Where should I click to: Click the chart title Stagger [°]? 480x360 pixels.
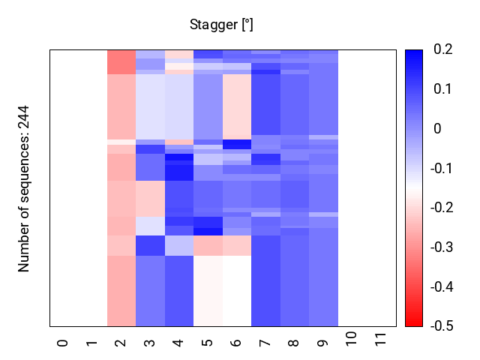point(221,25)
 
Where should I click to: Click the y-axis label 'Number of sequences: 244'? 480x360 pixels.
point(24,187)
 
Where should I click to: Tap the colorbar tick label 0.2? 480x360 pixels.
point(443,49)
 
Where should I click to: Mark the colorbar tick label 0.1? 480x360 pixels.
point(443,88)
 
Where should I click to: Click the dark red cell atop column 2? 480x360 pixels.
point(121,62)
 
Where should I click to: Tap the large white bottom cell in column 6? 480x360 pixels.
point(237,290)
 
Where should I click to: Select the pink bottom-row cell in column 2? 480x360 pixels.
point(121,290)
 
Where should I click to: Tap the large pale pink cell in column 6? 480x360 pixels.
point(237,105)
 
